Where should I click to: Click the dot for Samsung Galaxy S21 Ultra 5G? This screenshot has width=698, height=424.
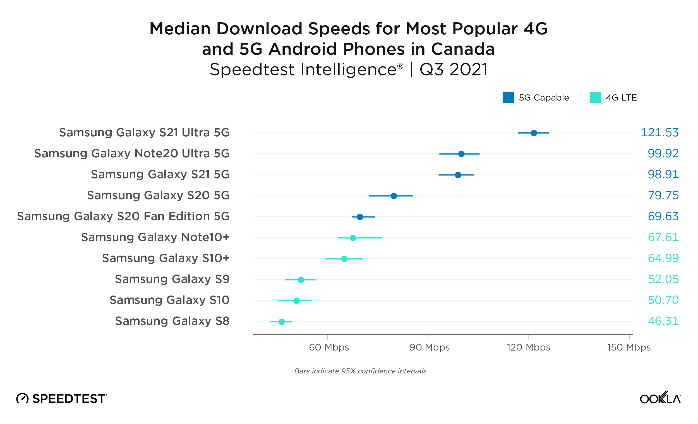(534, 133)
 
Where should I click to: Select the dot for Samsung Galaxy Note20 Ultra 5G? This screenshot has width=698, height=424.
(461, 154)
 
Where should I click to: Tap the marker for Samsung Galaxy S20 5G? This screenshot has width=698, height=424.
(394, 196)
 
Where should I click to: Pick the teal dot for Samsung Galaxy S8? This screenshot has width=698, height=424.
(282, 322)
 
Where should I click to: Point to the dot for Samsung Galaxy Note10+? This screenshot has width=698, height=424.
(353, 238)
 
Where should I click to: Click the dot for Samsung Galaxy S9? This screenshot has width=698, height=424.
(301, 280)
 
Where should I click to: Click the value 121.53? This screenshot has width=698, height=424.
(659, 133)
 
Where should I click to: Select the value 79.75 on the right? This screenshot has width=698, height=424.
(663, 196)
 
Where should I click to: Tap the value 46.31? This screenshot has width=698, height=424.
(663, 321)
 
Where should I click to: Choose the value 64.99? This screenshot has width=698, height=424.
(663, 258)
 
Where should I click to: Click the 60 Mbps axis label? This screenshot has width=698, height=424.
(329, 347)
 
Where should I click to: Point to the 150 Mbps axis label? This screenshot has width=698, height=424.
(629, 347)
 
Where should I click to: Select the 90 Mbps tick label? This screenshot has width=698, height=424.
(430, 347)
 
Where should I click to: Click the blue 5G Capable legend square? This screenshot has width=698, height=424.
(508, 97)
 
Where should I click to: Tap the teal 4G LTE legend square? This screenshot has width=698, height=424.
(595, 97)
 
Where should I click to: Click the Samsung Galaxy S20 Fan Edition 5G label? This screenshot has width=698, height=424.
(123, 216)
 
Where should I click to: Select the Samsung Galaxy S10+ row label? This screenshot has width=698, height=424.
(166, 258)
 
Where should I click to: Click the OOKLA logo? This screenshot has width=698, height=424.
(660, 398)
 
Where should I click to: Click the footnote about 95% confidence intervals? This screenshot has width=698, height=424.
(360, 371)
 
